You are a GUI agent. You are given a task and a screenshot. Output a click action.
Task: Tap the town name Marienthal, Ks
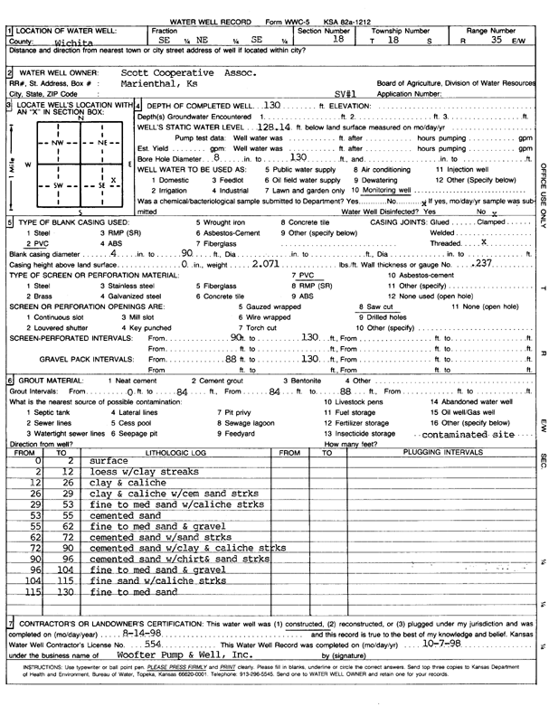click(x=163, y=80)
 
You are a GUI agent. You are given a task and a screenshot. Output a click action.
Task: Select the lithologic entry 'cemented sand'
click(x=126, y=512)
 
